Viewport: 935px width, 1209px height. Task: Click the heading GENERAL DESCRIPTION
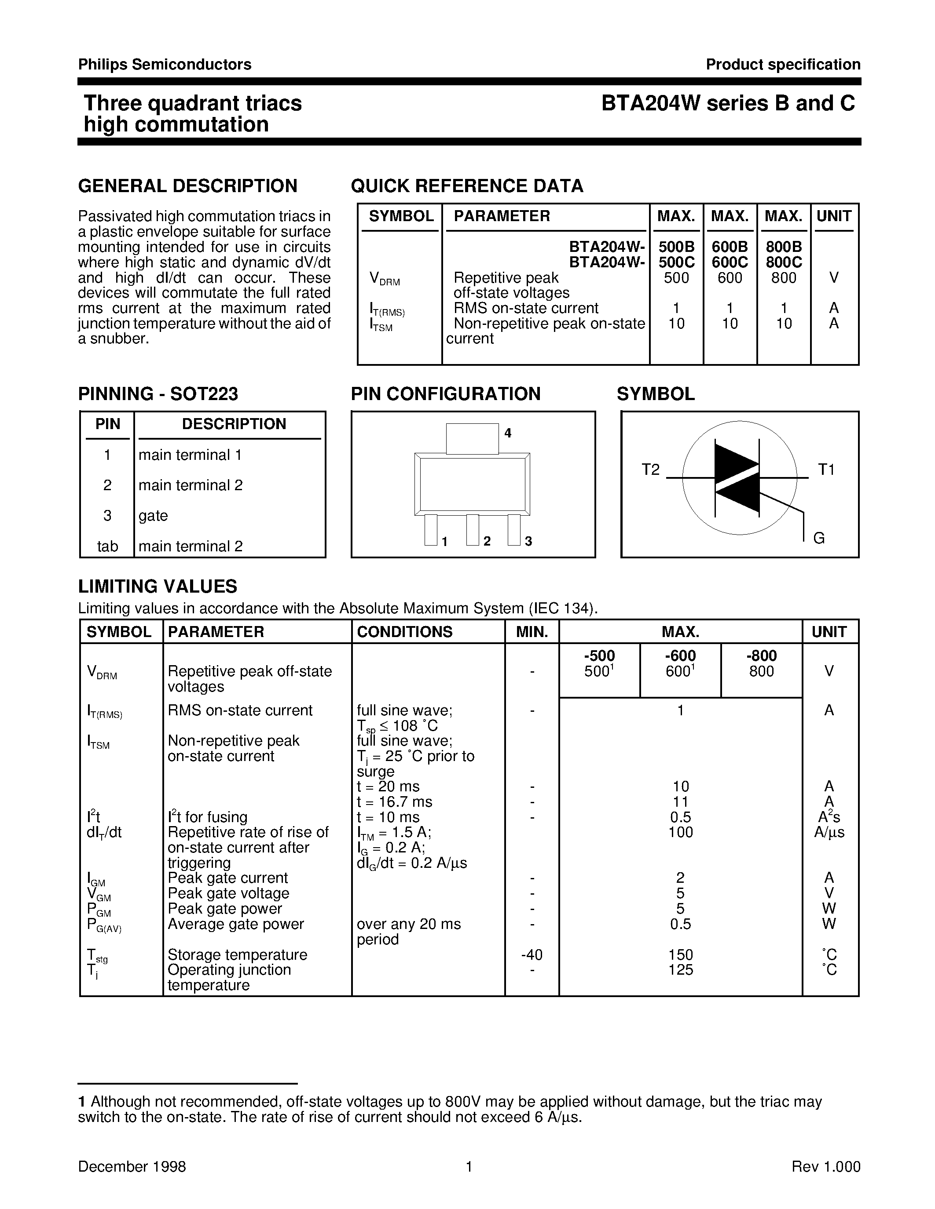click(x=187, y=186)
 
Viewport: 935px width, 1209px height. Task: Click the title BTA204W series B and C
click(x=728, y=103)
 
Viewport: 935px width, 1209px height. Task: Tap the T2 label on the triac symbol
click(x=650, y=470)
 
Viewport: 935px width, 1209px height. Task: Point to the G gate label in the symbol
click(x=819, y=538)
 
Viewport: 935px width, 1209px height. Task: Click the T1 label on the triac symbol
click(x=826, y=470)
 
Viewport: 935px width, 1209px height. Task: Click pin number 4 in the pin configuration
click(x=507, y=433)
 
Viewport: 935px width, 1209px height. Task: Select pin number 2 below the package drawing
click(x=487, y=541)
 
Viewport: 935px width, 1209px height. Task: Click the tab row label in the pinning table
click(x=107, y=546)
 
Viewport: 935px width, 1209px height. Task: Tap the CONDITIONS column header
click(x=404, y=632)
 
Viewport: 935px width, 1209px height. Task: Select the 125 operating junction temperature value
click(x=680, y=970)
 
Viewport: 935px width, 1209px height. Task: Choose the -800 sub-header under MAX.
click(x=761, y=656)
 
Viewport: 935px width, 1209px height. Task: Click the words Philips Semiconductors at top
click(x=165, y=65)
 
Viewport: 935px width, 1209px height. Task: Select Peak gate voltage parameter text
click(x=228, y=893)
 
